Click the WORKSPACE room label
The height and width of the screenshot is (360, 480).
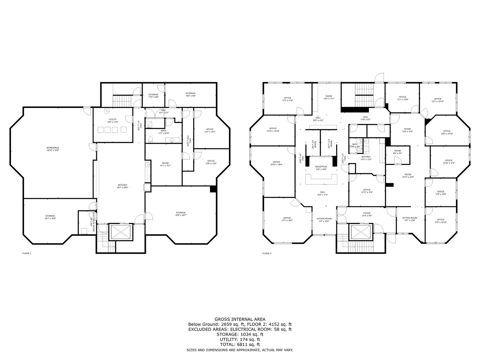(x=53, y=149)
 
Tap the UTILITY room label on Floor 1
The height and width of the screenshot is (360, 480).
(x=112, y=121)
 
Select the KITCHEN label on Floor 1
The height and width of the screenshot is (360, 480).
(x=122, y=186)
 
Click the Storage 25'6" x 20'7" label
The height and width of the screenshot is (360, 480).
(x=181, y=214)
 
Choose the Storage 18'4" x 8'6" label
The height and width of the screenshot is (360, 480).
(x=190, y=95)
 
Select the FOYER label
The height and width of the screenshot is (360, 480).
(x=367, y=214)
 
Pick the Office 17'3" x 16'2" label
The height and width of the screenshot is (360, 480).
(x=287, y=219)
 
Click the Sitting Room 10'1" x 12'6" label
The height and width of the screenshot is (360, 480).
(x=409, y=219)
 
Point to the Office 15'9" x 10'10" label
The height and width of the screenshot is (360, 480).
(x=447, y=132)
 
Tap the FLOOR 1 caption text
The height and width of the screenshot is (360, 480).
(x=27, y=253)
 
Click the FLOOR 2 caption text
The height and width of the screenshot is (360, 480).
(x=267, y=253)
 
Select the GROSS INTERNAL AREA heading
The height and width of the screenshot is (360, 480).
(x=240, y=319)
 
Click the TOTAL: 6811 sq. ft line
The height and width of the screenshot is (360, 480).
(x=240, y=344)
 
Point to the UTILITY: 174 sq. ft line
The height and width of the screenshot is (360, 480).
(x=240, y=339)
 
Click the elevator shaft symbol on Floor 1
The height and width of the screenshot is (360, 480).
(x=120, y=232)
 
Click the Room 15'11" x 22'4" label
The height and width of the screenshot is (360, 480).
(x=408, y=176)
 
